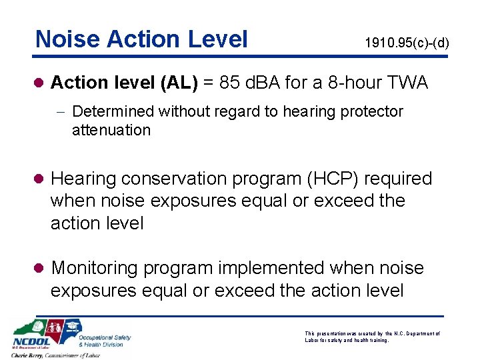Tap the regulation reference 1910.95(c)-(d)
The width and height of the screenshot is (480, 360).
[x=407, y=43]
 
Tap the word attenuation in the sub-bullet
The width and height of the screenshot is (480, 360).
[x=111, y=130]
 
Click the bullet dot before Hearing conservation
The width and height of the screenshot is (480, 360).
[x=40, y=179]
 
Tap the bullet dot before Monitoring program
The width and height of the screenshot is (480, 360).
[x=40, y=269]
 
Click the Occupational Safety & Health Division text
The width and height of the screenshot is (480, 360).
[x=104, y=341]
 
